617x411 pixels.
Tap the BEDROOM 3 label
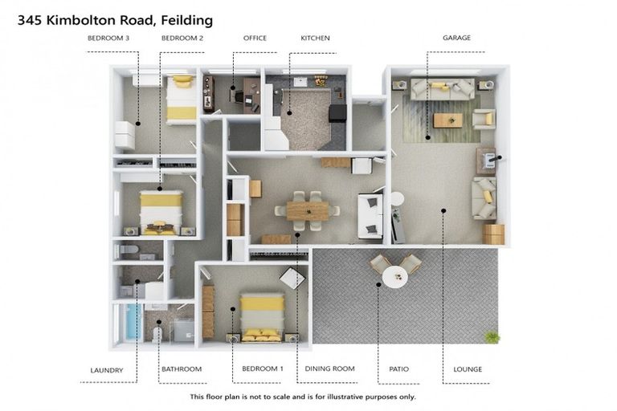point(108,38)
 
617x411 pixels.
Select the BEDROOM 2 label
point(182,38)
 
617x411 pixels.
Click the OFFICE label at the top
point(255,38)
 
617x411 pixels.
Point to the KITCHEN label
point(315,38)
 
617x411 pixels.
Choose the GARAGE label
point(456,38)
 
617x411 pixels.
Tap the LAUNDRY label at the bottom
point(107,369)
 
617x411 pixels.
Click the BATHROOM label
point(181,369)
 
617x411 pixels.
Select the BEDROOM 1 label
point(263,369)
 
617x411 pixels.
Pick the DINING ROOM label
point(329,369)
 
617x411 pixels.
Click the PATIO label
point(398,369)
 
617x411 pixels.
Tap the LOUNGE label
point(467,369)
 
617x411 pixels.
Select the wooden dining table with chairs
point(307,210)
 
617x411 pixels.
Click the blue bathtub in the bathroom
point(129,323)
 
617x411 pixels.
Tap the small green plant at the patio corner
point(492,337)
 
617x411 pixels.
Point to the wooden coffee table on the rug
point(447,120)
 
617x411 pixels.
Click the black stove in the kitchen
point(337,113)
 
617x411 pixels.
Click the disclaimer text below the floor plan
point(303,397)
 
